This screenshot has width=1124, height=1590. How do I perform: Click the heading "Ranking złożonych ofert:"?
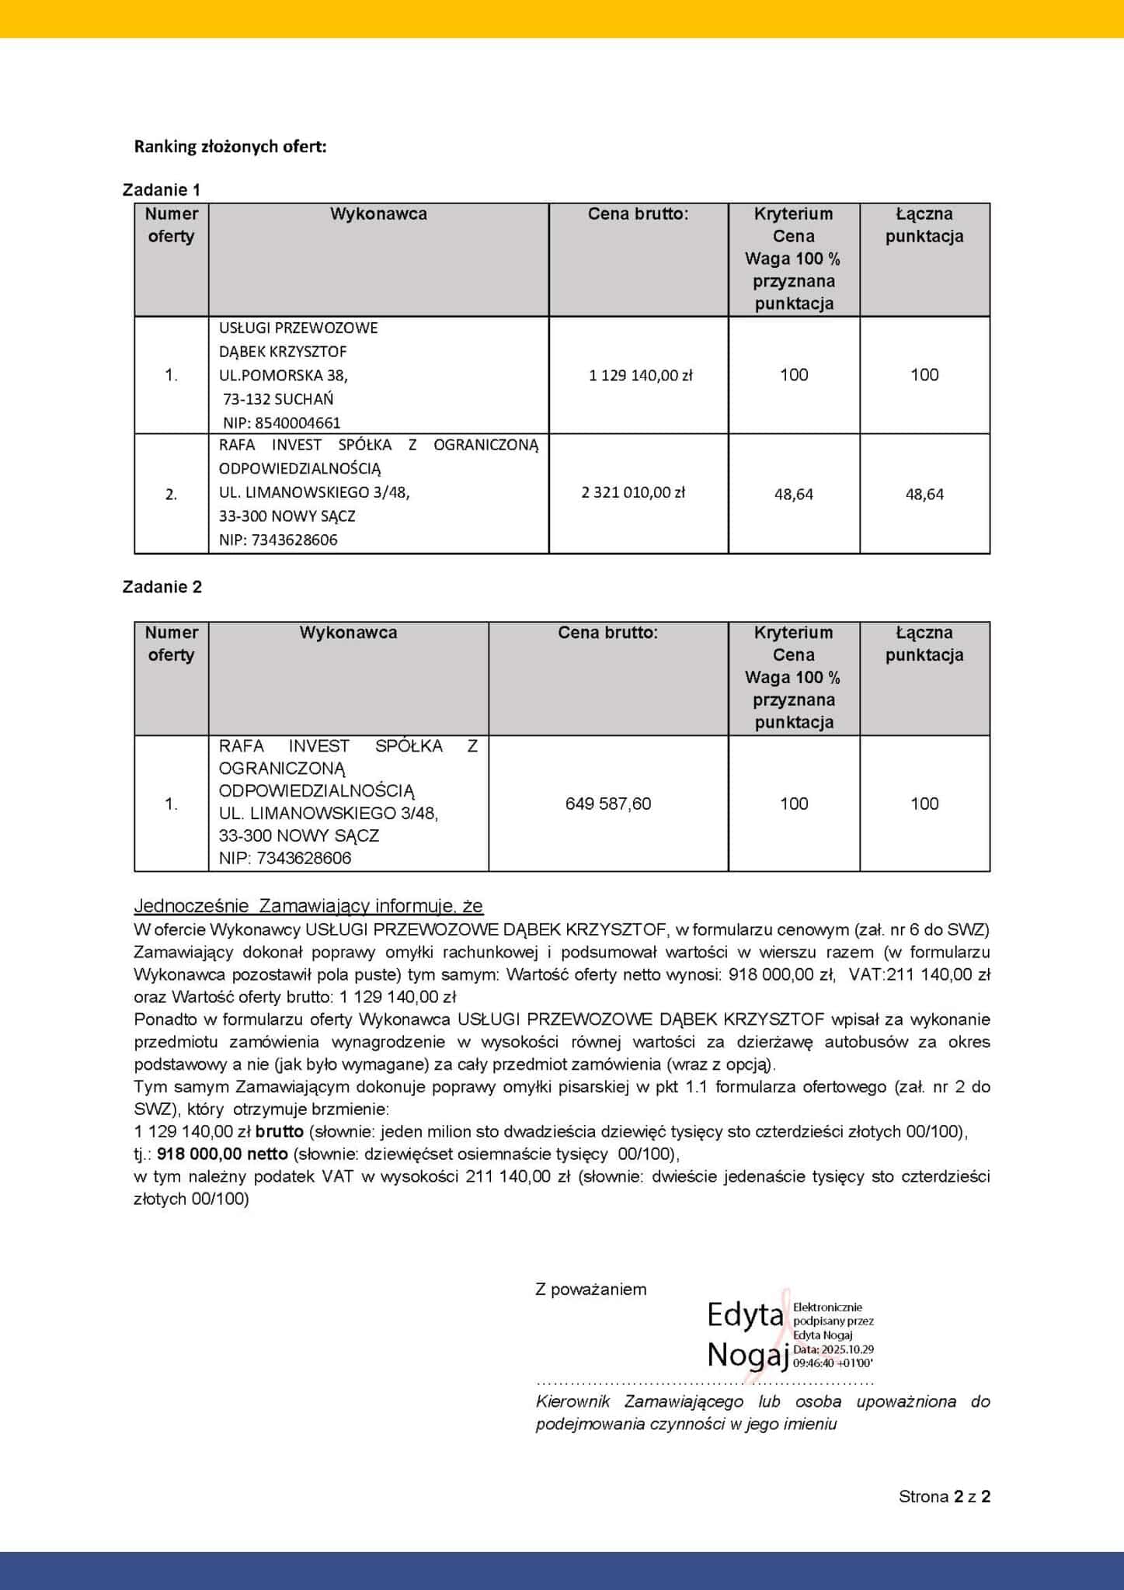click(x=230, y=147)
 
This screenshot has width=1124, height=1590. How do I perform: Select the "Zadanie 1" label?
click(x=162, y=190)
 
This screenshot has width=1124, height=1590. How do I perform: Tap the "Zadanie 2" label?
click(x=162, y=587)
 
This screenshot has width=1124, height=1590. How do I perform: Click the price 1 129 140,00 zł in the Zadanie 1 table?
click(x=640, y=376)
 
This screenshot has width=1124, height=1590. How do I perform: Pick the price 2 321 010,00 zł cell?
click(x=633, y=492)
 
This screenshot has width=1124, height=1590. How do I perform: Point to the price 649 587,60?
click(x=608, y=804)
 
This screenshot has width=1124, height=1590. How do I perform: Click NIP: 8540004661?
click(x=281, y=423)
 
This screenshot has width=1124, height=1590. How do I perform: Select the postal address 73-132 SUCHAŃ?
click(x=278, y=399)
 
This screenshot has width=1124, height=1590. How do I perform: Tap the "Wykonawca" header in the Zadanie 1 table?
click(x=378, y=214)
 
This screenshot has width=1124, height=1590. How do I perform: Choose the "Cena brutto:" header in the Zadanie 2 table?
click(x=607, y=633)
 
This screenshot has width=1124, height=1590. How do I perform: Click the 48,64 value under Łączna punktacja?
click(x=924, y=495)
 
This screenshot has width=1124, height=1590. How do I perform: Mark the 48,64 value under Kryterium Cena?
click(x=794, y=495)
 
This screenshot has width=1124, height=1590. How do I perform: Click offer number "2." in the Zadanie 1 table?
click(x=171, y=495)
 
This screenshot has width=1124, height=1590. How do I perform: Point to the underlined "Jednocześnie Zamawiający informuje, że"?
click(x=308, y=906)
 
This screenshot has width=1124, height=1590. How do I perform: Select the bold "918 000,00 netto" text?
click(x=222, y=1154)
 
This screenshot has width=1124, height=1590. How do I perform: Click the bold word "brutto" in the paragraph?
click(x=279, y=1132)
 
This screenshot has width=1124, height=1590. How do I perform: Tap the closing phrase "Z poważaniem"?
click(x=590, y=1290)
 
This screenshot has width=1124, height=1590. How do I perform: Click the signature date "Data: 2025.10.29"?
click(x=833, y=1349)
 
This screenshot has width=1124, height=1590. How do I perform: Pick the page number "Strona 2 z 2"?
click(x=944, y=1497)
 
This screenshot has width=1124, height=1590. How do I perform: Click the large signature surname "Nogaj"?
click(x=748, y=1355)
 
